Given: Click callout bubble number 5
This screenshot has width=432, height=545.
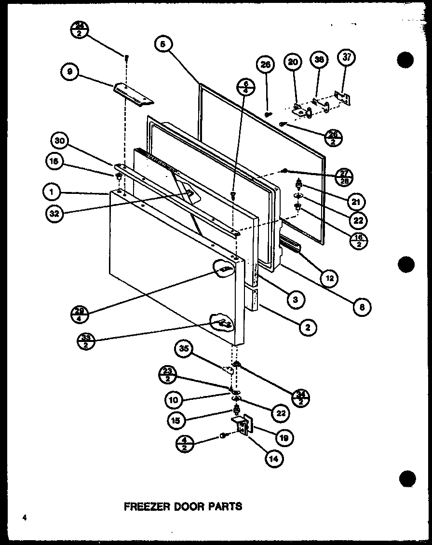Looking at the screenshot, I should (x=163, y=44).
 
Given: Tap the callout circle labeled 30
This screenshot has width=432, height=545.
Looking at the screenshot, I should (x=59, y=141).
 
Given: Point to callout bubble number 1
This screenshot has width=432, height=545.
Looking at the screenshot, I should (x=51, y=193).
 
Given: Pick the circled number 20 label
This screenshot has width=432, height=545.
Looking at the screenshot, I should (x=293, y=62).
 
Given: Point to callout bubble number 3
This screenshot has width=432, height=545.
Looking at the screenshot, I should (x=295, y=300).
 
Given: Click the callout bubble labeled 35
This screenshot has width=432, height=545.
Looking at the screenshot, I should (x=186, y=349).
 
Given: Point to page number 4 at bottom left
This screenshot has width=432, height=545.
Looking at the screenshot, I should (x=23, y=518).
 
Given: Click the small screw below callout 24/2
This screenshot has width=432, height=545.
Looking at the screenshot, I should (x=127, y=57).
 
